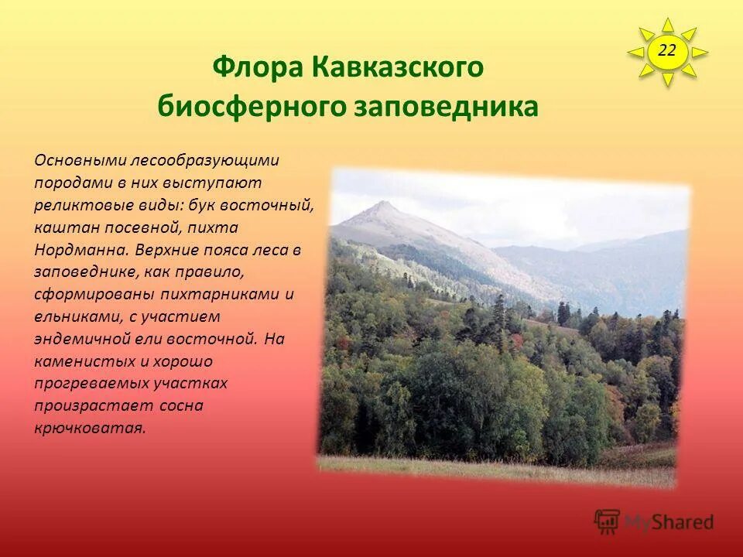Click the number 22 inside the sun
click(x=667, y=51)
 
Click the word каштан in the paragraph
click(x=58, y=228)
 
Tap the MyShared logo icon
click(x=608, y=521)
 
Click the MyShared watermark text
click(x=669, y=522)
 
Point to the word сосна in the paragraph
click(x=184, y=405)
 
